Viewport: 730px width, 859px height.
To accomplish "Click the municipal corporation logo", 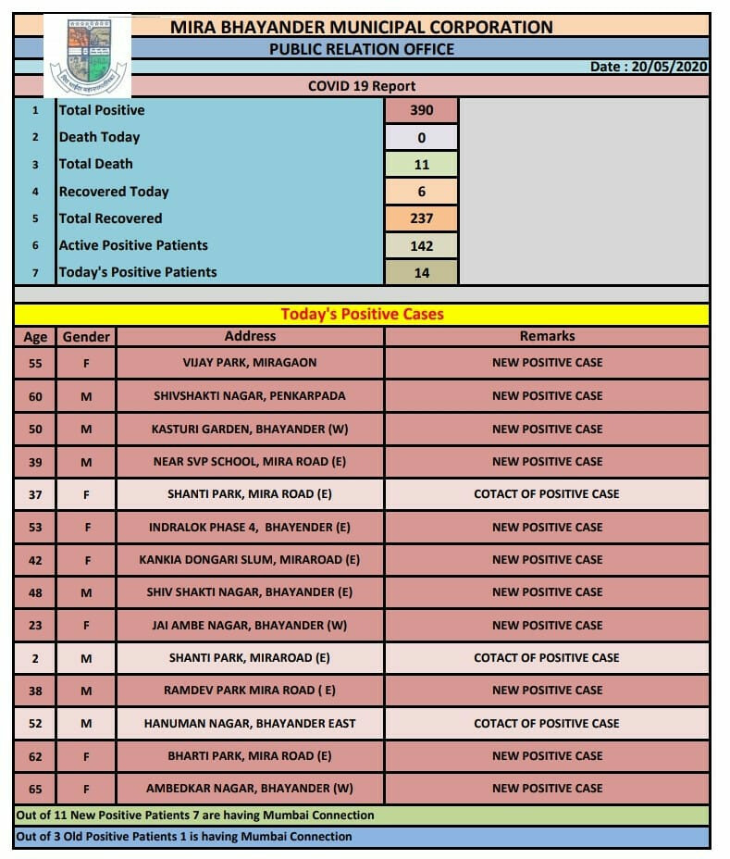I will click(89, 56).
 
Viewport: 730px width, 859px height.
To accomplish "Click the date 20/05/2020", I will click(650, 68).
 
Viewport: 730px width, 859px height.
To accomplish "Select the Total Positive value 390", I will click(421, 110).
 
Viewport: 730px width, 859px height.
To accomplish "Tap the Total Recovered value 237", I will click(421, 218).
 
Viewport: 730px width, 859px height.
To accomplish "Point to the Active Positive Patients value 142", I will click(421, 245).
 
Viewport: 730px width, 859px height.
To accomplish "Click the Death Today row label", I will click(99, 137).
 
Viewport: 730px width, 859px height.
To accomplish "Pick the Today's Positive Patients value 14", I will click(421, 272).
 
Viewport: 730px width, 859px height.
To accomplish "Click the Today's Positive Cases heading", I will click(362, 314).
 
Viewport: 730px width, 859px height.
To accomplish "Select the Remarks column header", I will click(547, 336).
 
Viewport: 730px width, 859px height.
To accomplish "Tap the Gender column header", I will click(86, 337).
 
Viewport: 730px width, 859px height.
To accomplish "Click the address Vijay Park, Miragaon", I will click(250, 363).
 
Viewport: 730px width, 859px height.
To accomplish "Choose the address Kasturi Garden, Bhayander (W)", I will click(250, 429).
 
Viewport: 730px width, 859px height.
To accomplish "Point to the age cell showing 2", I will click(35, 658).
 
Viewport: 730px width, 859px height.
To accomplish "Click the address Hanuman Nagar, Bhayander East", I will click(250, 723).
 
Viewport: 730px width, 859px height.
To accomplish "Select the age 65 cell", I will click(35, 789).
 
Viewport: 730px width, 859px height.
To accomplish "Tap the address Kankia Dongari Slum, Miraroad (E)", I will click(250, 559).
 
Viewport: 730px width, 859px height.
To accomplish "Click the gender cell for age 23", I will click(86, 625).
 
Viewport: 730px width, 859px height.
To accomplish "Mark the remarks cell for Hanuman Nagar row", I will click(547, 723).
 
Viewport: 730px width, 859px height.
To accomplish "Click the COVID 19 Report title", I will click(362, 86).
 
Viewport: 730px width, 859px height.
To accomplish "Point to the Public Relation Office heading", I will click(362, 49).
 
